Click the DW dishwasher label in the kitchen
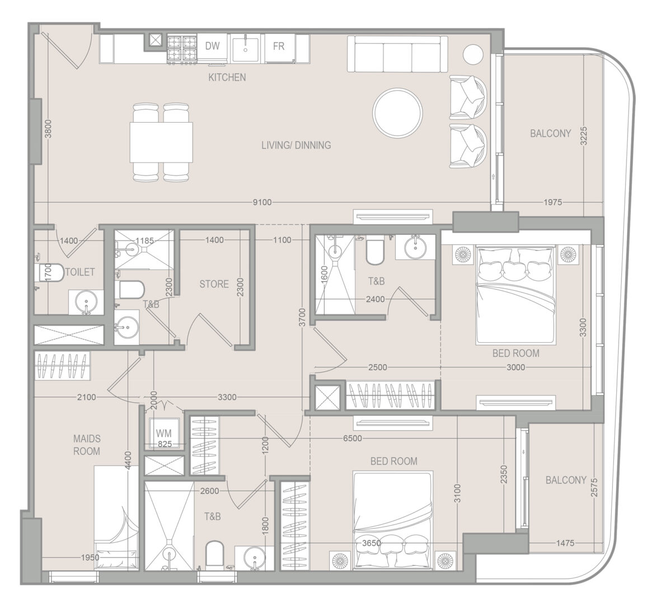click(x=213, y=45)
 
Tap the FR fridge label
click(x=279, y=46)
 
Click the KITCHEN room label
click(x=227, y=77)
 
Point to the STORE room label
click(x=214, y=284)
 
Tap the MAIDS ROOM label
click(x=87, y=445)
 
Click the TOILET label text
click(x=80, y=272)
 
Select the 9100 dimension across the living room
click(x=262, y=203)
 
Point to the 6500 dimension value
click(x=352, y=439)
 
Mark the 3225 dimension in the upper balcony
click(x=584, y=136)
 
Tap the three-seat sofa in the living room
click(x=397, y=54)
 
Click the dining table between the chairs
click(x=161, y=142)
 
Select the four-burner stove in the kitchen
click(x=182, y=48)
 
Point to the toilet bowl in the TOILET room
click(x=49, y=272)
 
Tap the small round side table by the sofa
click(x=473, y=53)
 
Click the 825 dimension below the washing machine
click(x=165, y=444)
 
